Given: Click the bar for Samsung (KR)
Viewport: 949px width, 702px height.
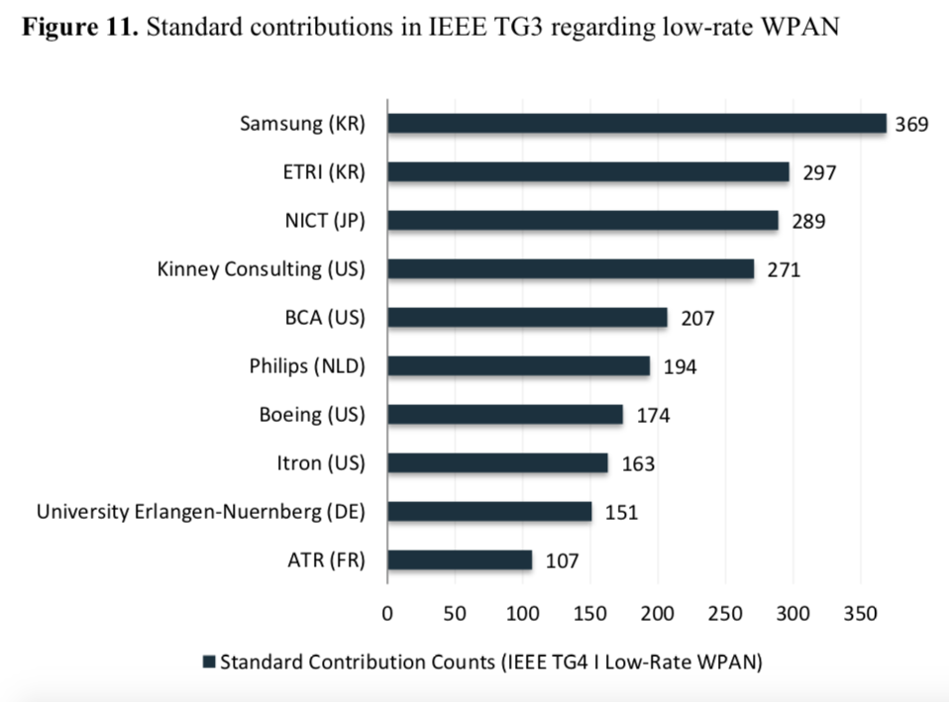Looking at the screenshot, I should coord(636,124).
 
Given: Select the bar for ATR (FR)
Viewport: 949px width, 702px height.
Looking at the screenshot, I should coord(460,560).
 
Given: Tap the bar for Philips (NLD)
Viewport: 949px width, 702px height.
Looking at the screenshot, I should coord(518,366).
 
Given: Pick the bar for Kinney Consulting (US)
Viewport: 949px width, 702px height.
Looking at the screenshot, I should coord(571,269).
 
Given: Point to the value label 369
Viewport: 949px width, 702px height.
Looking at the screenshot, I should coord(911,125).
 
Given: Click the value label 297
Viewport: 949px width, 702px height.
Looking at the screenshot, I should coord(820,173).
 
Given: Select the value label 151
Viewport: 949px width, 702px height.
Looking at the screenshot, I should coord(621,513).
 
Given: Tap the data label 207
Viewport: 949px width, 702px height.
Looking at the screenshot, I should coord(697,319).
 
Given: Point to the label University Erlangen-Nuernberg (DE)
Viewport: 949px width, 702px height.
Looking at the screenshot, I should coord(201,512).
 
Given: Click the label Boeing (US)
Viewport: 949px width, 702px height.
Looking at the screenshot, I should coord(311,415).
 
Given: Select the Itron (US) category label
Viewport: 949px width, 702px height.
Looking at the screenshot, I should coord(320,463).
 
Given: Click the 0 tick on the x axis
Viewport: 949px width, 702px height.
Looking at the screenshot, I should coord(387,612).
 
